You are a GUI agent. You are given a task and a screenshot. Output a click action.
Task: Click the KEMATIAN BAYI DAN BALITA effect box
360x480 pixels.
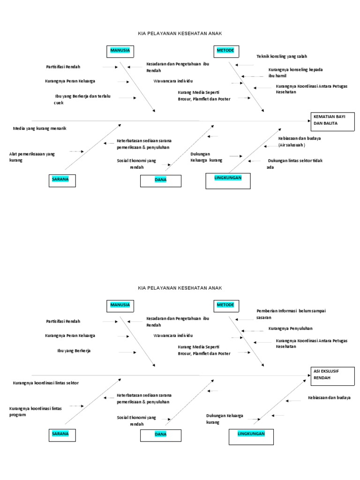[332, 122]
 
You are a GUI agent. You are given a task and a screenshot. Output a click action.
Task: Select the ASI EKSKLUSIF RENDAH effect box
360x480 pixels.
[332, 376]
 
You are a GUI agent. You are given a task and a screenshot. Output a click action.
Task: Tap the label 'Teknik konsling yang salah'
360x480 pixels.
[282, 56]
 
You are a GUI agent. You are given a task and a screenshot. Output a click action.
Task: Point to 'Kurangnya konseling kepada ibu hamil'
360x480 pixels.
[295, 73]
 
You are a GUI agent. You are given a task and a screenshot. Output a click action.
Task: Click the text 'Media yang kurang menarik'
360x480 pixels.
[39, 128]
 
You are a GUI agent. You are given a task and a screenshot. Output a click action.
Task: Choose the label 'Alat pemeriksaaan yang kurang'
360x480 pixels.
[32, 157]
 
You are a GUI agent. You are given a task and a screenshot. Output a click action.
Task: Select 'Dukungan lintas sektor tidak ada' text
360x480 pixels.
[294, 164]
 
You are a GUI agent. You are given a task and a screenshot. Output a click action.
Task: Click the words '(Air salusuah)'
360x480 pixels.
[292, 145]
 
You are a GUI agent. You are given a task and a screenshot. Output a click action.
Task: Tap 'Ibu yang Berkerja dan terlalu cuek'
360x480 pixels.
[82, 99]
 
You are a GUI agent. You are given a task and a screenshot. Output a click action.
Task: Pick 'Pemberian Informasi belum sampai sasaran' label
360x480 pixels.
[291, 314]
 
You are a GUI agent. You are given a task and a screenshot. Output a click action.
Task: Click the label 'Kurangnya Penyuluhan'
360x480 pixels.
[291, 329]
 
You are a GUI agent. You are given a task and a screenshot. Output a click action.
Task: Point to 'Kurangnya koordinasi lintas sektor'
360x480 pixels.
[45, 383]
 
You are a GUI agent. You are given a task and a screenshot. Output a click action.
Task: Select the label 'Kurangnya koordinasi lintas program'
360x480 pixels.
[36, 412]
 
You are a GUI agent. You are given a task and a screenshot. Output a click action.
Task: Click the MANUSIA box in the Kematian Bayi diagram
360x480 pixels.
[120, 52]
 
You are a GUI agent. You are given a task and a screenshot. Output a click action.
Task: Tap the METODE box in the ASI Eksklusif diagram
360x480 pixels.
[226, 306]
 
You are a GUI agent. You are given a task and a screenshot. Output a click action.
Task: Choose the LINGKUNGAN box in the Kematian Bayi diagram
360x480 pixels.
[228, 181]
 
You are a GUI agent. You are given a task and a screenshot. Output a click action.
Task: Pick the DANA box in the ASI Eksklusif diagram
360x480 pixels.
[161, 435]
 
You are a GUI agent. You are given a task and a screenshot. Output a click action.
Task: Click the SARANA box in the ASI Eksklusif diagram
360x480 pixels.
[62, 435]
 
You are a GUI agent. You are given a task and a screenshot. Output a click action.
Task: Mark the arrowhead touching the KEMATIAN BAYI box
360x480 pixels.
[309, 121]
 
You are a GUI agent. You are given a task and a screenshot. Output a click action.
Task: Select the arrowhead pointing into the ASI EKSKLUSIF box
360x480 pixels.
[309, 375]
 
